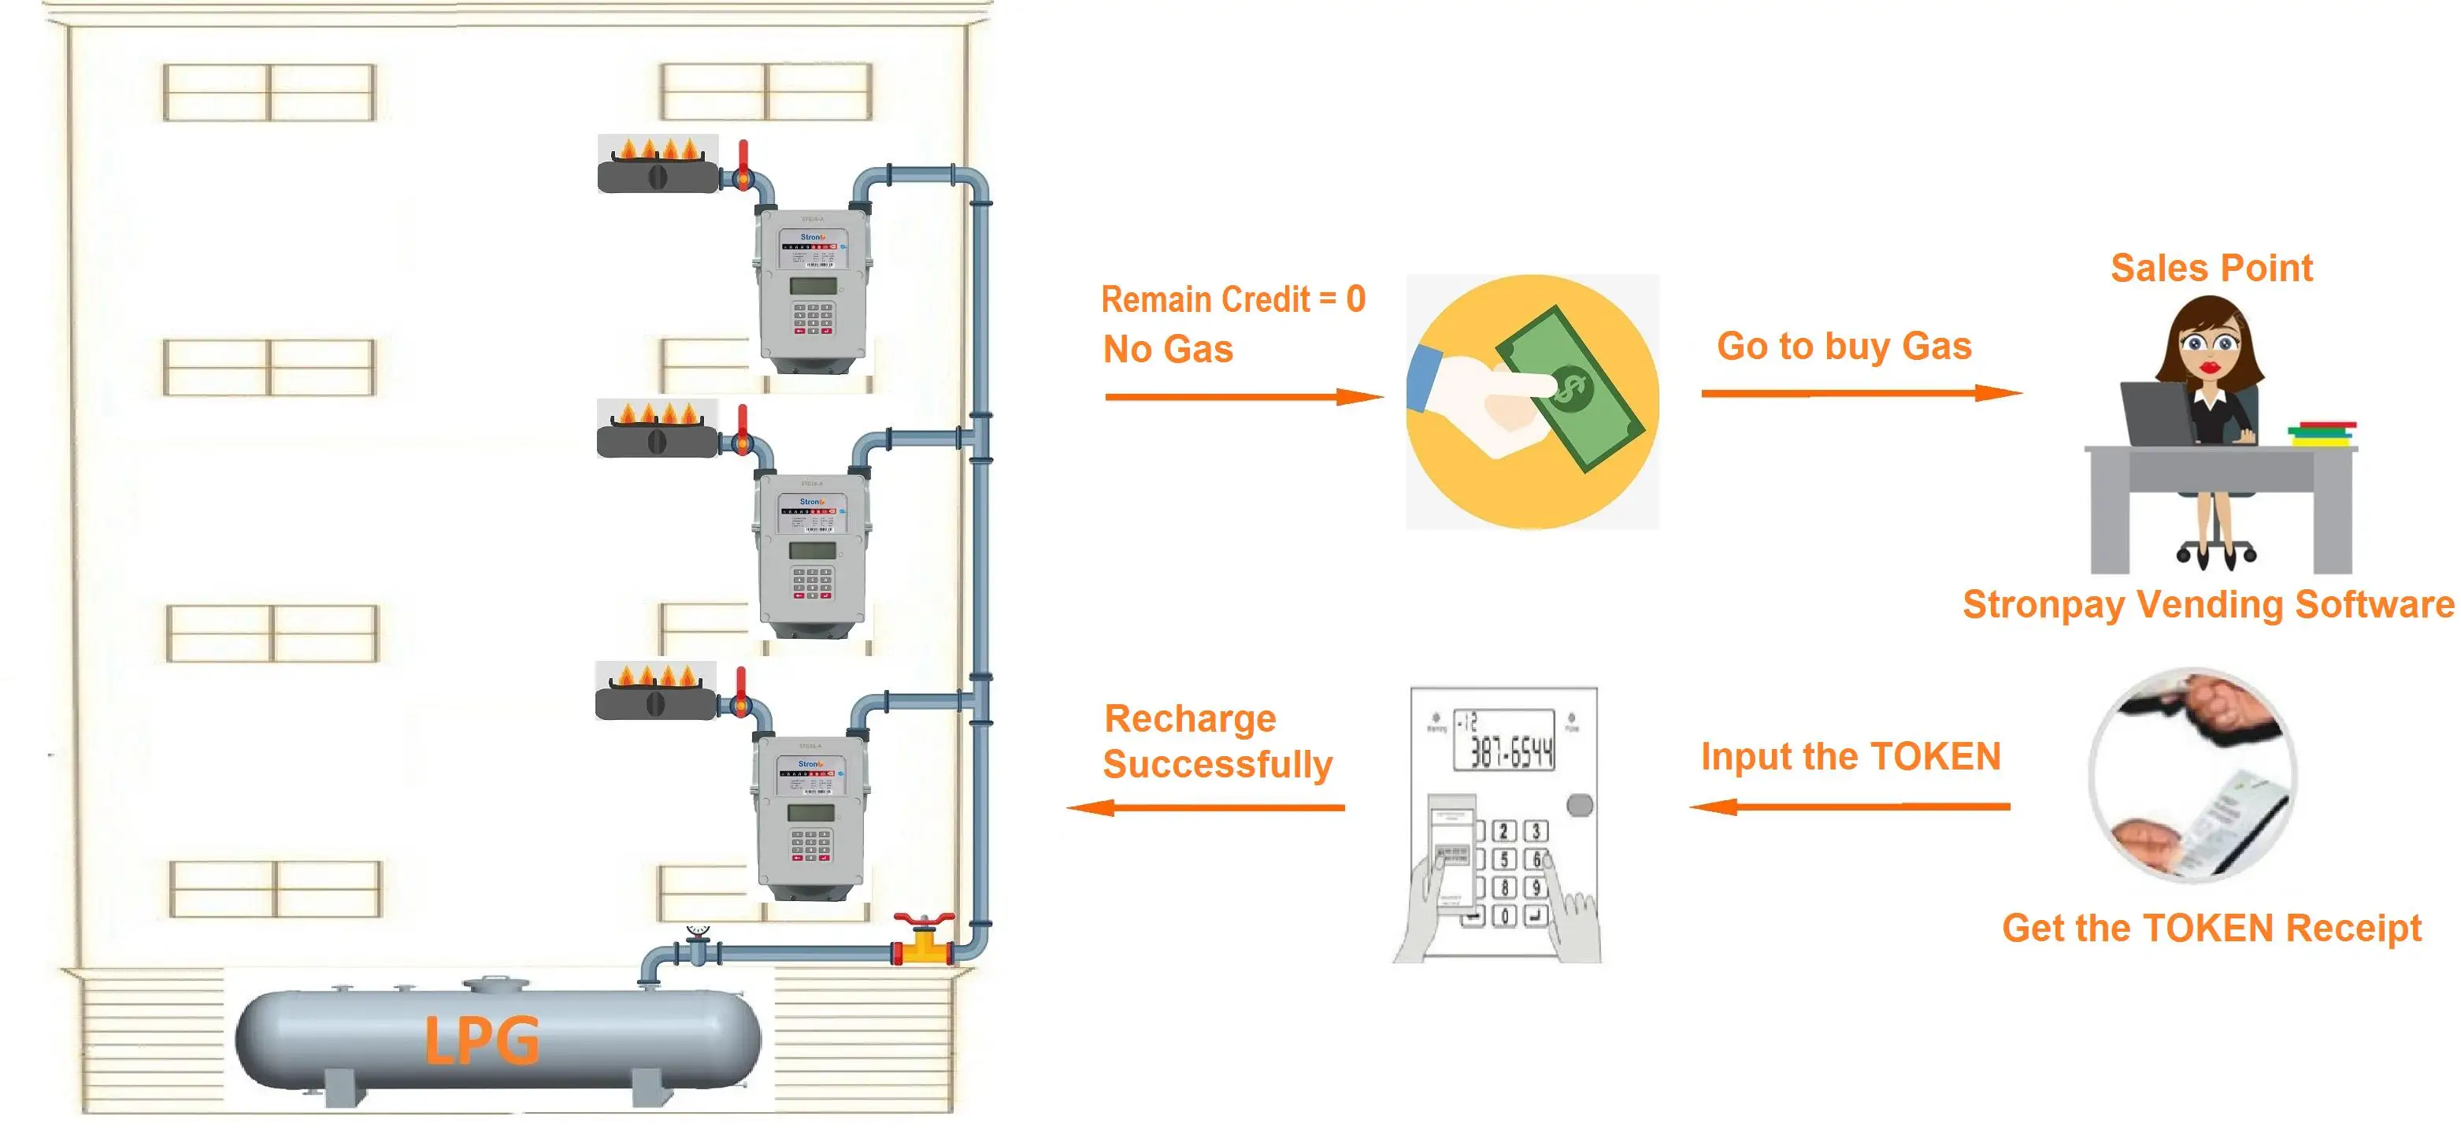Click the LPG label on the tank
coord(480,1041)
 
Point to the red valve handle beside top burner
coord(743,157)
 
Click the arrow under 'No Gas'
coord(1242,396)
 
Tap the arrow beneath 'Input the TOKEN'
coord(1850,807)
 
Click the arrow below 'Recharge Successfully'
coord(1206,808)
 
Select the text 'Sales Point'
coord(2211,269)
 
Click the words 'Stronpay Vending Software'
coord(2208,605)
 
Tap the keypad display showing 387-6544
coord(1503,740)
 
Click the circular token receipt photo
coord(2192,773)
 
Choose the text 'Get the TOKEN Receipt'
coord(2211,929)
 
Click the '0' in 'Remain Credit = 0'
coord(1355,300)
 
